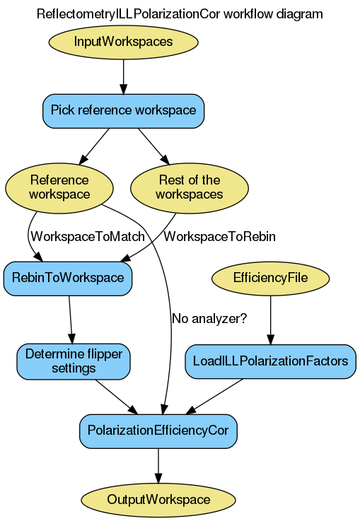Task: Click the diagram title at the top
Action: tap(180, 13)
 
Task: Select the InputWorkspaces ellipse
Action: tap(123, 42)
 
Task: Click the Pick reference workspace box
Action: tap(123, 110)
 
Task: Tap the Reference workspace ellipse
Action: tap(59, 187)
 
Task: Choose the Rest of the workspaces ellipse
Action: tap(189, 187)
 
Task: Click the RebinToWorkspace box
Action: tap(68, 278)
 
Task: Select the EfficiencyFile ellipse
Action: tap(270, 278)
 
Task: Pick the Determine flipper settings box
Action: tap(74, 361)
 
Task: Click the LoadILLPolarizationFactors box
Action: tap(270, 361)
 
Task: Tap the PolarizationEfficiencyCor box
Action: tap(158, 430)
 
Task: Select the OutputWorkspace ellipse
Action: tap(158, 499)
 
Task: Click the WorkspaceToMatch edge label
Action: tap(88, 237)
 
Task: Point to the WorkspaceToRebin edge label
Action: tap(219, 237)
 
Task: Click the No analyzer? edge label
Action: tap(209, 319)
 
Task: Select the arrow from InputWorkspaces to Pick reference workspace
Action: tap(123, 76)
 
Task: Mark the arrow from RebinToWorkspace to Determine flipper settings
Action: tap(71, 319)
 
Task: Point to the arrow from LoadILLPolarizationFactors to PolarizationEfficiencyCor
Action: tap(216, 396)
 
